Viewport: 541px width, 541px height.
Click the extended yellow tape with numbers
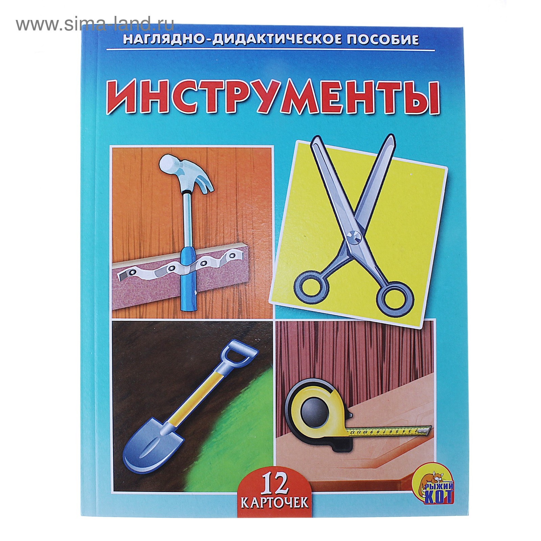pos(389,431)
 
